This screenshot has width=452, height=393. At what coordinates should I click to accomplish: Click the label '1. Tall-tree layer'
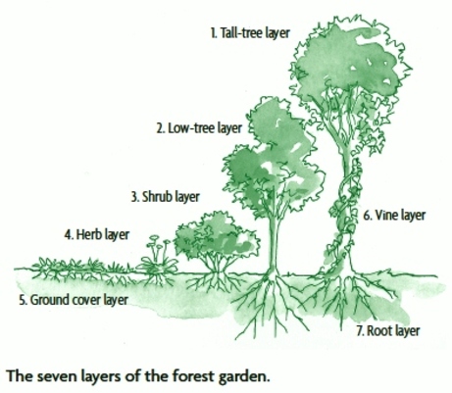250,33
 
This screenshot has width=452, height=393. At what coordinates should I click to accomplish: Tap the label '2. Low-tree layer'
199,128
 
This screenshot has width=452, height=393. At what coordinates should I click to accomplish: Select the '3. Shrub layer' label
166,197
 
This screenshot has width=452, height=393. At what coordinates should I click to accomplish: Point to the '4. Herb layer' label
97,234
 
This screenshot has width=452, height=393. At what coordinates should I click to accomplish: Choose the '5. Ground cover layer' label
74,300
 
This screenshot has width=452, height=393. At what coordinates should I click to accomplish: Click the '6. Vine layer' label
394,216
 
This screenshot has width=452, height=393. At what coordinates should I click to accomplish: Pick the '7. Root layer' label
388,330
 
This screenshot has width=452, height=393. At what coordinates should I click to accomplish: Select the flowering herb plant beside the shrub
157,257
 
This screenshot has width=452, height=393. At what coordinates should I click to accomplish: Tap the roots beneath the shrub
214,281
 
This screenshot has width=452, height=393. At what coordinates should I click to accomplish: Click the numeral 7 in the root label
360,330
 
